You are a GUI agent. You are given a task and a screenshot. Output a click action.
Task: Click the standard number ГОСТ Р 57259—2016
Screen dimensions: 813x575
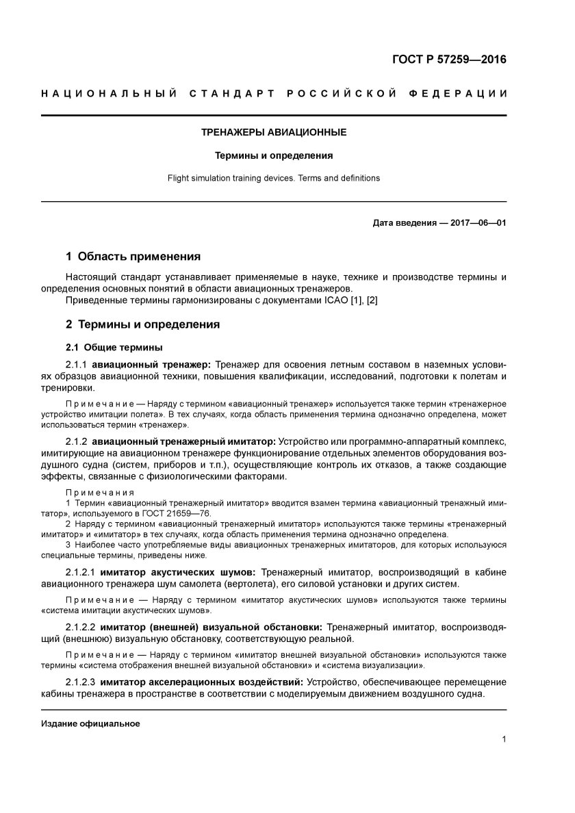pyautogui.click(x=449, y=60)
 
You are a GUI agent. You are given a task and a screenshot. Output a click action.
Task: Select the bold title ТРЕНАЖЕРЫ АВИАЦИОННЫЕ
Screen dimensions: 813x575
pyautogui.click(x=273, y=132)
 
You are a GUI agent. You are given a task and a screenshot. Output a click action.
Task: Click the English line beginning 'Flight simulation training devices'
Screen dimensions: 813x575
pyautogui.click(x=273, y=178)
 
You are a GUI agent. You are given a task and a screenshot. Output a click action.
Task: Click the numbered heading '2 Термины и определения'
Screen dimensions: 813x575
pyautogui.click(x=142, y=324)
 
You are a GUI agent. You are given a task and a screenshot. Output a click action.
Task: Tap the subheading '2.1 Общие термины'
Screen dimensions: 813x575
pyautogui.click(x=114, y=347)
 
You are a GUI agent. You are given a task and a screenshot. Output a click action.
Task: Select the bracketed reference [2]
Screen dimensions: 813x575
pyautogui.click(x=372, y=301)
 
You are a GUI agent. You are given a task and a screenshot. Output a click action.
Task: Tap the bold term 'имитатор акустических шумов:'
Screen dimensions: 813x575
pyautogui.click(x=177, y=571)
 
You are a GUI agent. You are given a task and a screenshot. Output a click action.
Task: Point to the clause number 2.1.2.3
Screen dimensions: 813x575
pyautogui.click(x=81, y=682)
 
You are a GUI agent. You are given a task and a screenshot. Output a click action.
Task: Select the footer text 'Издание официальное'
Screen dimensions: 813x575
pyautogui.click(x=90, y=723)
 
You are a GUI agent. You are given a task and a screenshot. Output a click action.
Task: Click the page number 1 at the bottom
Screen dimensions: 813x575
pyautogui.click(x=503, y=739)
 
